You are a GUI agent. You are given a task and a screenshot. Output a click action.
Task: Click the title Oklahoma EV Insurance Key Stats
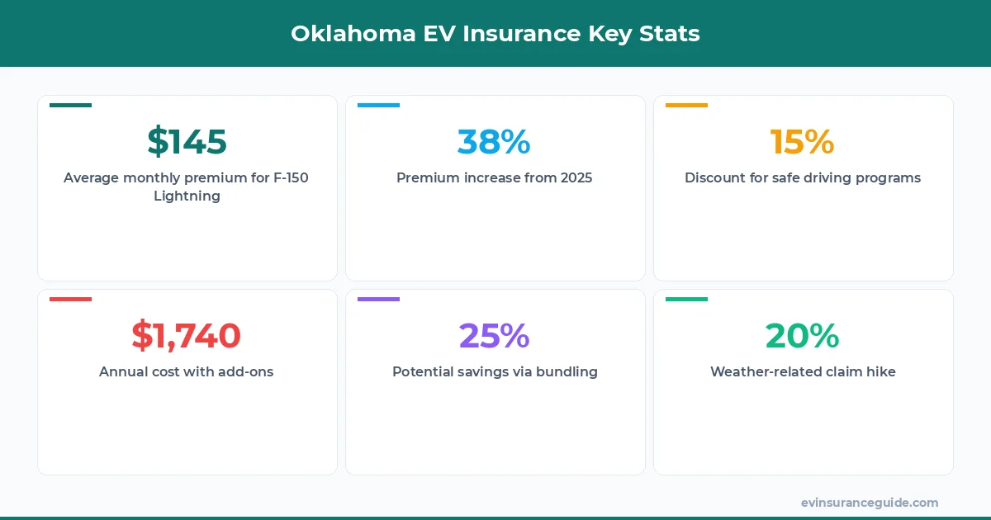tap(495, 34)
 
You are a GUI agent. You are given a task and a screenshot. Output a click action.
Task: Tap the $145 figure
tap(187, 142)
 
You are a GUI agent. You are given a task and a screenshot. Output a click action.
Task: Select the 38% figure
tap(494, 142)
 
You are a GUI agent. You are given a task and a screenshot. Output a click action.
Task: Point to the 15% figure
tap(802, 142)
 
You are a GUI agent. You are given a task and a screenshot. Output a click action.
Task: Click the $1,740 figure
tap(187, 336)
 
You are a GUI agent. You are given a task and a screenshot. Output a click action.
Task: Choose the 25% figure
tap(494, 336)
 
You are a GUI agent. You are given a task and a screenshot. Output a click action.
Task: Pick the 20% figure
tap(802, 336)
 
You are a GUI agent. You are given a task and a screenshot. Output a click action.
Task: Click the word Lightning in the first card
tap(187, 196)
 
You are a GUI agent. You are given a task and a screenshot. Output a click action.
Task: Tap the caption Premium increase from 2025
tap(494, 177)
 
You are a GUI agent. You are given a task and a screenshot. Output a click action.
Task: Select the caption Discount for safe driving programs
tap(802, 177)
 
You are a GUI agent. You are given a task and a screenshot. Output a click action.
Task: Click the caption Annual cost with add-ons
tap(187, 371)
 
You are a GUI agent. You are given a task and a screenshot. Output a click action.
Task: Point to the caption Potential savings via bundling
tap(494, 371)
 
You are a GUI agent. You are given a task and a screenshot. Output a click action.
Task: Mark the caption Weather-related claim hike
tap(802, 371)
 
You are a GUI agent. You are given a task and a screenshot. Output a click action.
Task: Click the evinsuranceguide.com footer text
tap(870, 503)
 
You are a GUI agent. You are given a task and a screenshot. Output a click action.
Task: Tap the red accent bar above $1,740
tap(70, 299)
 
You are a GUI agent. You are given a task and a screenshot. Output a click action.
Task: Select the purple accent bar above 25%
tap(378, 299)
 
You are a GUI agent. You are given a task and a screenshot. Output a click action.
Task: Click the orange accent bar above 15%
tap(686, 105)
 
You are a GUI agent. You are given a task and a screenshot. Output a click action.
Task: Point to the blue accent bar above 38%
tap(378, 105)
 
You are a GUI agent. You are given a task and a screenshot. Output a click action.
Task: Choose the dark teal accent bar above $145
tap(70, 105)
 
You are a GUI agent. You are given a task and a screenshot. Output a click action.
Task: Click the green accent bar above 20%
tap(686, 299)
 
